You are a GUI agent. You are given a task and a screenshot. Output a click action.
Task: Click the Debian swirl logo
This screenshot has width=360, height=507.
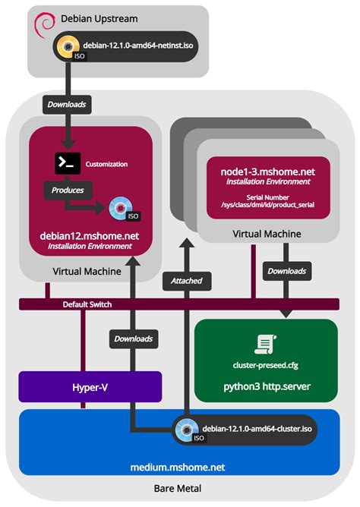[x=44, y=25]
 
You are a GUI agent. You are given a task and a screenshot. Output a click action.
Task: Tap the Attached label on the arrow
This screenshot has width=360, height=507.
[x=186, y=280]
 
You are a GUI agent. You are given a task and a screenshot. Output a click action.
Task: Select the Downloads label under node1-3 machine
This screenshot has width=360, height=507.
[x=286, y=270]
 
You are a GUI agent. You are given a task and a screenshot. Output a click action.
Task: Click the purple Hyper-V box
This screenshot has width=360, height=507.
[x=90, y=386]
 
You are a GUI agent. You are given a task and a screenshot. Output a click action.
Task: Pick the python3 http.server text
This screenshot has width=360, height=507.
[x=266, y=386]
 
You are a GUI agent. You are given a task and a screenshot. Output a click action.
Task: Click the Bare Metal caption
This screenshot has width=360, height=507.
[x=179, y=490]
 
